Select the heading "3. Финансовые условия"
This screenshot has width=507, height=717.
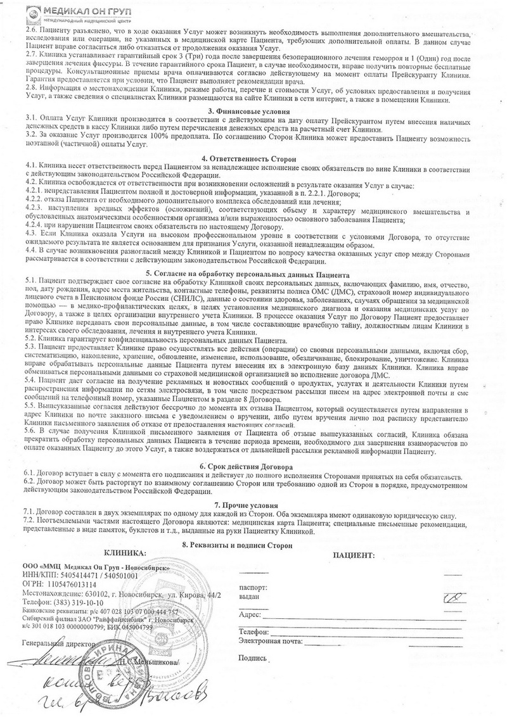click(x=253, y=110)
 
